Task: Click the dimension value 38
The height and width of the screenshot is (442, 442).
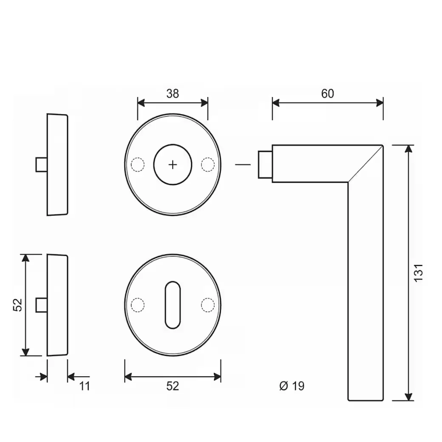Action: (173, 93)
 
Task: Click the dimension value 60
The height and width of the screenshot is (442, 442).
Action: (328, 93)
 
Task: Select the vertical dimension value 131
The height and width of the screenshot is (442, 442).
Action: (419, 272)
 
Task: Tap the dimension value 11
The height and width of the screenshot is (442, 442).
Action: (85, 386)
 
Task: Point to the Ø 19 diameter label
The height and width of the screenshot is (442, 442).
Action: (292, 386)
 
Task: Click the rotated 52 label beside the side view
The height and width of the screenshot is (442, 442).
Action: (17, 305)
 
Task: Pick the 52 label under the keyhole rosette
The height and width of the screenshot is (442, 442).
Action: (173, 386)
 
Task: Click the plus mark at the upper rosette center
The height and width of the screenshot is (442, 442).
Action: (173, 165)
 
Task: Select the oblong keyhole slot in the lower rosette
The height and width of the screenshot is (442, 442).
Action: (173, 305)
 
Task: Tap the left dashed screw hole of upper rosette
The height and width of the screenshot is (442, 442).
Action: (138, 164)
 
